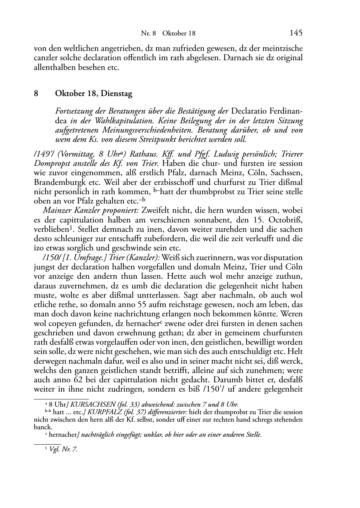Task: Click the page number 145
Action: click(x=296, y=33)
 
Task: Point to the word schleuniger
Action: click(x=75, y=238)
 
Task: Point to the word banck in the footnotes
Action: click(x=43, y=427)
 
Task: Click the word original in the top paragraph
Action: click(x=289, y=58)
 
